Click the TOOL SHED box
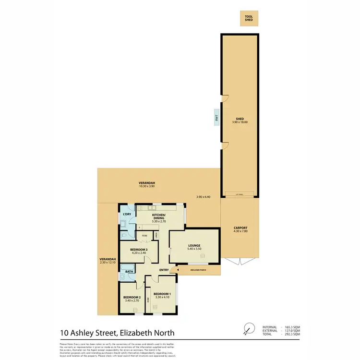pyautogui.click(x=248, y=19)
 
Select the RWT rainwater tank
pyautogui.click(x=216, y=117)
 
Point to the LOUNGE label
pyautogui.click(x=194, y=246)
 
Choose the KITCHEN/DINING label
pyautogui.click(x=158, y=216)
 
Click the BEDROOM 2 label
pyautogui.click(x=131, y=298)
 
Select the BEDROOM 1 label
pyautogui.click(x=162, y=294)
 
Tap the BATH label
pyautogui.click(x=129, y=272)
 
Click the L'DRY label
pyautogui.click(x=127, y=214)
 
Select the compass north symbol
pyautogui.click(x=248, y=328)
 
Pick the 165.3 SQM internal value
pyautogui.click(x=292, y=326)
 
